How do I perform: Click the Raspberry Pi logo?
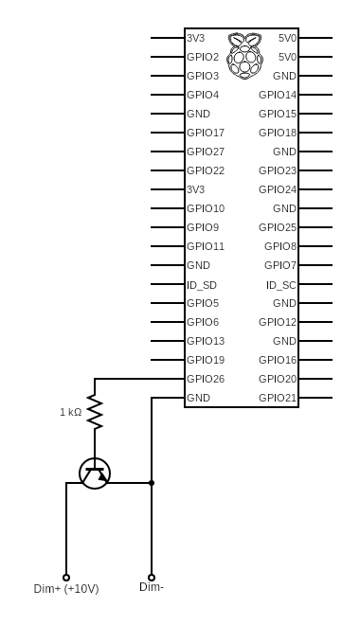coord(244,54)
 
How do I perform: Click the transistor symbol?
coord(95,473)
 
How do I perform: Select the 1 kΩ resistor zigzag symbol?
coord(95,411)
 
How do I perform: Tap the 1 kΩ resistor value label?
coord(71,412)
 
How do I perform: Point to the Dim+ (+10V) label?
coord(66,589)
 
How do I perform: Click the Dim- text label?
coord(152,587)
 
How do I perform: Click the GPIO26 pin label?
coord(206,379)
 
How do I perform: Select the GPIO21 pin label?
coord(278,398)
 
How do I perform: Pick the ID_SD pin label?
coord(202,284)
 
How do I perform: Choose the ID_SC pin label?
coord(281,284)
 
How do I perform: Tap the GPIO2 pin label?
coord(203,57)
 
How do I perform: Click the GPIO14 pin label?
coord(278,95)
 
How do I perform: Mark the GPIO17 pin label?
coord(206,133)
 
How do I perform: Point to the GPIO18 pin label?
coord(278,133)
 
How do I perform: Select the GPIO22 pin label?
coord(206,170)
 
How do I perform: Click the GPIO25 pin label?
coord(278,227)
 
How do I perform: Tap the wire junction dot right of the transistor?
coord(152,483)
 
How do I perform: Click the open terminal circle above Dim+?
coord(66,577)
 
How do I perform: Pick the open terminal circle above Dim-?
coord(152,577)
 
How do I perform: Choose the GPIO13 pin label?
coord(206,341)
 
